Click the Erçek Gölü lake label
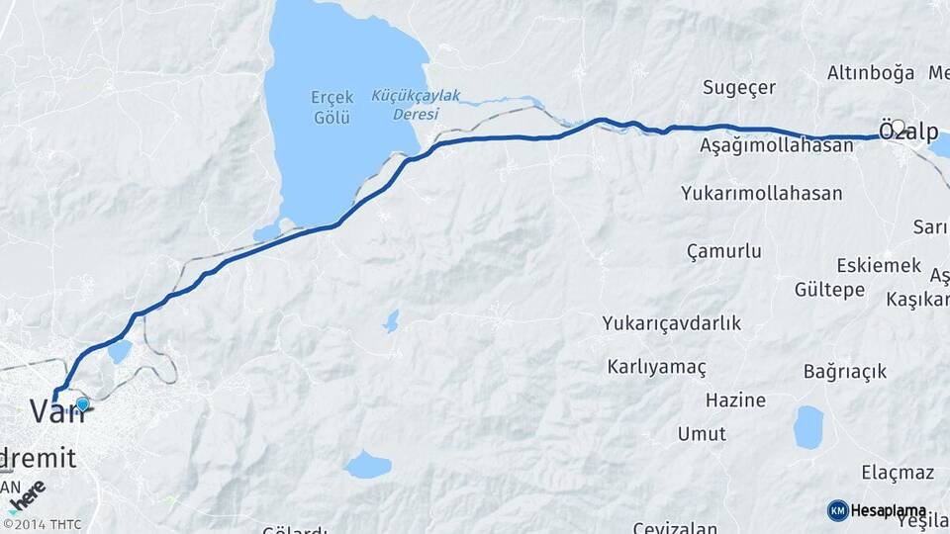(x=332, y=107)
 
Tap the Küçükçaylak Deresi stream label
(x=417, y=104)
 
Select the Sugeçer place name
(x=739, y=87)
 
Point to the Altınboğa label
(x=871, y=73)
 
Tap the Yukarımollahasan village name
(x=761, y=194)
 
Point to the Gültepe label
(x=829, y=290)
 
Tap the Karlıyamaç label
(x=657, y=368)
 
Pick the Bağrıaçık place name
(x=845, y=372)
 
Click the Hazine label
(x=735, y=400)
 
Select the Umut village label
(x=702, y=434)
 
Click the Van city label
(x=55, y=410)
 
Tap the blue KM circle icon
(x=837, y=510)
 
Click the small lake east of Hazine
(x=808, y=427)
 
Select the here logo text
(x=28, y=493)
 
